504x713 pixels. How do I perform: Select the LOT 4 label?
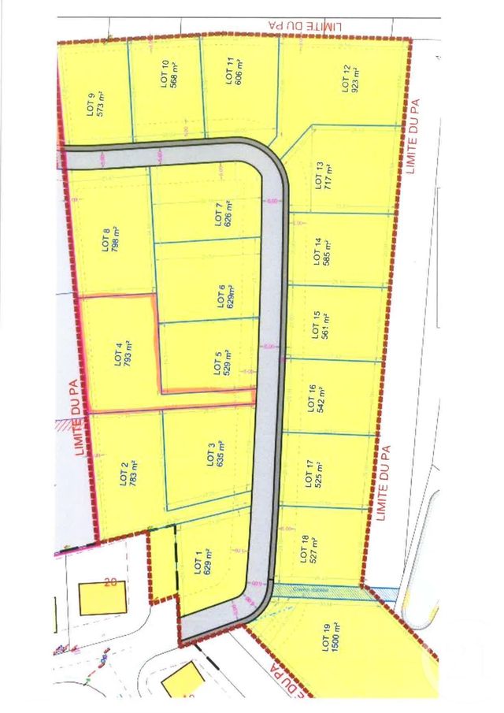[117, 350]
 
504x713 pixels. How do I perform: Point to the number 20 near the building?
[110, 584]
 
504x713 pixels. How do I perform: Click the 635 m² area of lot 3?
[221, 455]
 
